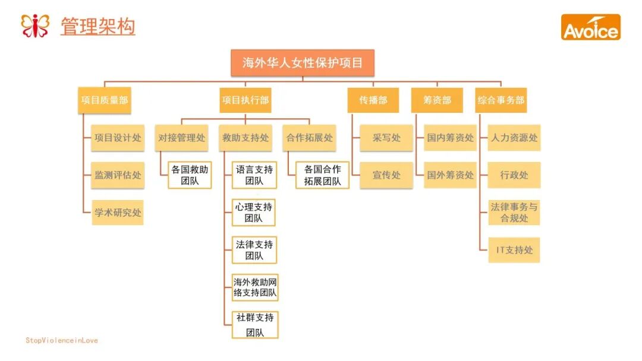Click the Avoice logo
coord(590,27)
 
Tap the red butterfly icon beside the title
coord(35,26)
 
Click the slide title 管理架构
coord(97,27)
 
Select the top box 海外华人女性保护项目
coord(303,62)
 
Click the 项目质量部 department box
coord(105,100)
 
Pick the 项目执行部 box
coord(246,100)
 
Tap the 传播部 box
coord(373,100)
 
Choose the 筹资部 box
coord(437,100)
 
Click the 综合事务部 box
coord(501,100)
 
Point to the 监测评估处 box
coord(118,175)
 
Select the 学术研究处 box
coord(118,212)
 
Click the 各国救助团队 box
coord(190,175)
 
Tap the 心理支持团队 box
coord(254,213)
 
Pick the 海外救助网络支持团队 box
coord(255,287)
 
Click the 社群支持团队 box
coord(255,325)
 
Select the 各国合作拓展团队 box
coord(322,175)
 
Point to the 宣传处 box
coord(386,175)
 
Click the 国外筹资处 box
coord(450,175)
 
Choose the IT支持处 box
coord(514,250)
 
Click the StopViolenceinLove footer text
coord(62,341)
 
